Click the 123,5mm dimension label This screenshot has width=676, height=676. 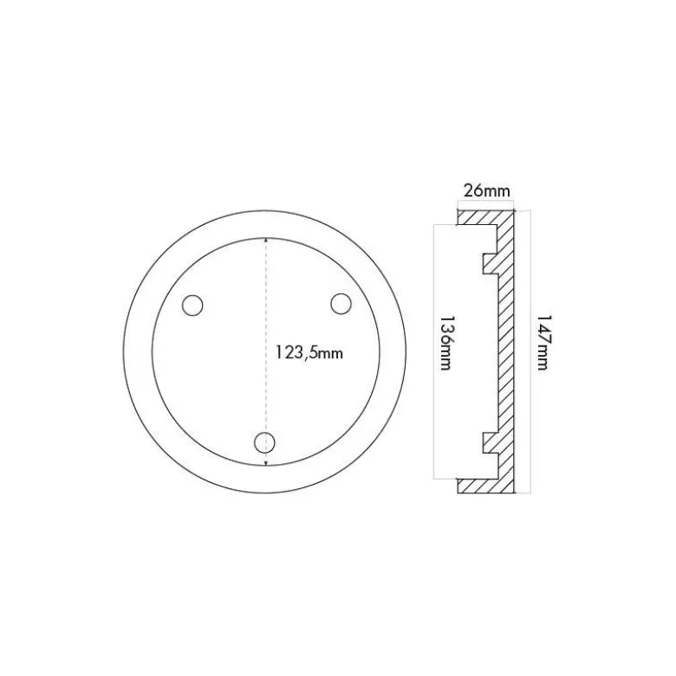(x=309, y=353)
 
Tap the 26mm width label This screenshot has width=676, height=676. (x=486, y=190)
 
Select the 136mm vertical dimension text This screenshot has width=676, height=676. (x=445, y=343)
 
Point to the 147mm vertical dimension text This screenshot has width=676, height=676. (x=543, y=342)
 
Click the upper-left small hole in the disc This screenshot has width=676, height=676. (x=192, y=306)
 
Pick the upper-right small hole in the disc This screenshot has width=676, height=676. (x=341, y=304)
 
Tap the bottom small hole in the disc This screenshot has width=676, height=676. (x=264, y=442)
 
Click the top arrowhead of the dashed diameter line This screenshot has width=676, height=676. (x=266, y=241)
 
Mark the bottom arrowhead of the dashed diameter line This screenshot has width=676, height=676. (x=266, y=462)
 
